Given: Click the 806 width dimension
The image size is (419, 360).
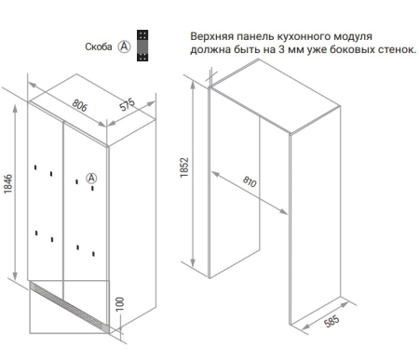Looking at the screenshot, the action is tap(80, 105).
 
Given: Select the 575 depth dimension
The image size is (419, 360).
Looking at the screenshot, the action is tap(128, 104).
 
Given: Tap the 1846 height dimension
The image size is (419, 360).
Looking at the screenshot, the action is tap(8, 184).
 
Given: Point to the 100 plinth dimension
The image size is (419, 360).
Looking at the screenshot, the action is tap(119, 304).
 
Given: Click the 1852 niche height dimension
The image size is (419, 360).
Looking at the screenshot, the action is tap(184, 167).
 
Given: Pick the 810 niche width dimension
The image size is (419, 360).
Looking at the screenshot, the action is tap(250, 181).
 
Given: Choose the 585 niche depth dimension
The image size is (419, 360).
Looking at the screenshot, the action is tap(331, 321).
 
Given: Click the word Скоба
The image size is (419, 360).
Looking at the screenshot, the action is tap(99, 47).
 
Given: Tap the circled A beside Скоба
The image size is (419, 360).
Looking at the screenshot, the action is tap(124, 47).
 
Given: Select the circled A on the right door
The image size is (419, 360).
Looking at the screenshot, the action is tap(91, 179).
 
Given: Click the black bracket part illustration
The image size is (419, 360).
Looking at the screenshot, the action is tap(142, 46).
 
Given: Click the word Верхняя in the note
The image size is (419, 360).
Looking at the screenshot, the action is tap(211, 36).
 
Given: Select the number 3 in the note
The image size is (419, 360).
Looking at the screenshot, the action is tap(281, 49).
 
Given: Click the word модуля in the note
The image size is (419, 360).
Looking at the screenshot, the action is tap(353, 36).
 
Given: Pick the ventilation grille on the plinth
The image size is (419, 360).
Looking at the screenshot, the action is tap(70, 306).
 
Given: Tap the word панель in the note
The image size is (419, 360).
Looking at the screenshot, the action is tap(255, 36).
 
